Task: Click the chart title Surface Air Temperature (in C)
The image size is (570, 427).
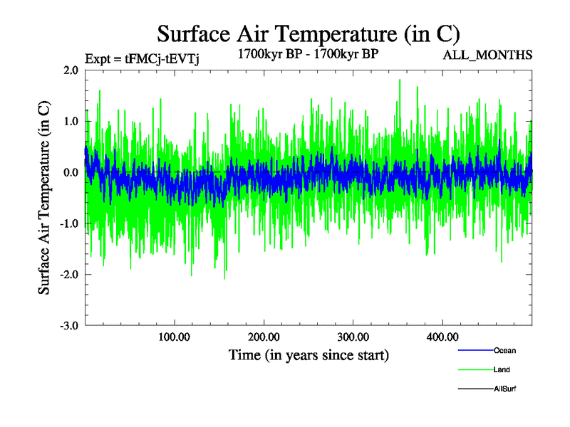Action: pos(309,33)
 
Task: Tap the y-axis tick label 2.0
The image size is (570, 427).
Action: pos(71,70)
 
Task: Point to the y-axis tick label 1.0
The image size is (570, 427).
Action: pos(71,121)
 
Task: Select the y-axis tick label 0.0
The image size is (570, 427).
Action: pos(71,172)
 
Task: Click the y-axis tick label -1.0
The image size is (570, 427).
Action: pos(68,223)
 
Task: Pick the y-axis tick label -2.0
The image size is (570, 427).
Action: pos(68,275)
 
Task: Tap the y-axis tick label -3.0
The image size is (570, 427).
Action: pos(68,326)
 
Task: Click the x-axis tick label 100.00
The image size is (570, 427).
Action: pos(175,337)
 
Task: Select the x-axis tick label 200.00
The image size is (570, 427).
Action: pos(264,337)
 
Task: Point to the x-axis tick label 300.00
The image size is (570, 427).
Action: pos(353,337)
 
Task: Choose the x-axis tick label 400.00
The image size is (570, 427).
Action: pos(442,337)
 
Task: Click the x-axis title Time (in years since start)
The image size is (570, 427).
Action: pos(309,354)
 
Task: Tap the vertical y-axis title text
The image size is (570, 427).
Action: pos(44,198)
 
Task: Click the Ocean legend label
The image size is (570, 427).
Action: pos(504,350)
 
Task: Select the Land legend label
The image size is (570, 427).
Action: pos(502,369)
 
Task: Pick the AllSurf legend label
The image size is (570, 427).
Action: pos(504,389)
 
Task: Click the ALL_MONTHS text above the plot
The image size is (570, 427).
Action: pos(488,55)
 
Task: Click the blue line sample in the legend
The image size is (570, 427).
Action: pos(475,350)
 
